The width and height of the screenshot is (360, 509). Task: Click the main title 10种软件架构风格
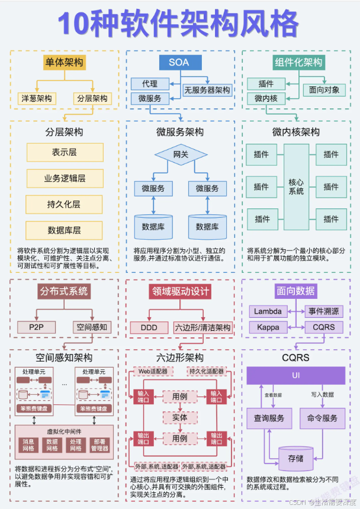[x=178, y=24]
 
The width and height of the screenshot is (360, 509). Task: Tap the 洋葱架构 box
[x=37, y=98]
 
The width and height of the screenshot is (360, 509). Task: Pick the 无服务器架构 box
[x=207, y=91]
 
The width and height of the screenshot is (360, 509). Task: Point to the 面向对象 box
[x=324, y=90]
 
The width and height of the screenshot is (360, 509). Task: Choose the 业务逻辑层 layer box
[x=64, y=178]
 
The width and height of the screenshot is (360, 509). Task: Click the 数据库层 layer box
[x=64, y=230]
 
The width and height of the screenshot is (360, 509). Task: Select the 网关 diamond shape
[x=180, y=155]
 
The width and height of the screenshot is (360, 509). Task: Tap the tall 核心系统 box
[x=296, y=186]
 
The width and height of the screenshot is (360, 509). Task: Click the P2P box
[x=37, y=327]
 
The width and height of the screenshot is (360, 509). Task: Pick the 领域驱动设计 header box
[x=179, y=291]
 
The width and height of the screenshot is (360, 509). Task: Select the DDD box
[x=144, y=327]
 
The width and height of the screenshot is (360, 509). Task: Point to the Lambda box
[x=268, y=311]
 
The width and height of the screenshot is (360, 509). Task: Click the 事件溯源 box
[x=324, y=311]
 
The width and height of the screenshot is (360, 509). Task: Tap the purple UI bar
[x=295, y=376]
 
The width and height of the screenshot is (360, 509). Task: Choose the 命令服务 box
[x=322, y=418]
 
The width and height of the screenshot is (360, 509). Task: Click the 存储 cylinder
[x=295, y=458]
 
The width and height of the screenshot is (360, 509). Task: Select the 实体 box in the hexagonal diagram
[x=180, y=417]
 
